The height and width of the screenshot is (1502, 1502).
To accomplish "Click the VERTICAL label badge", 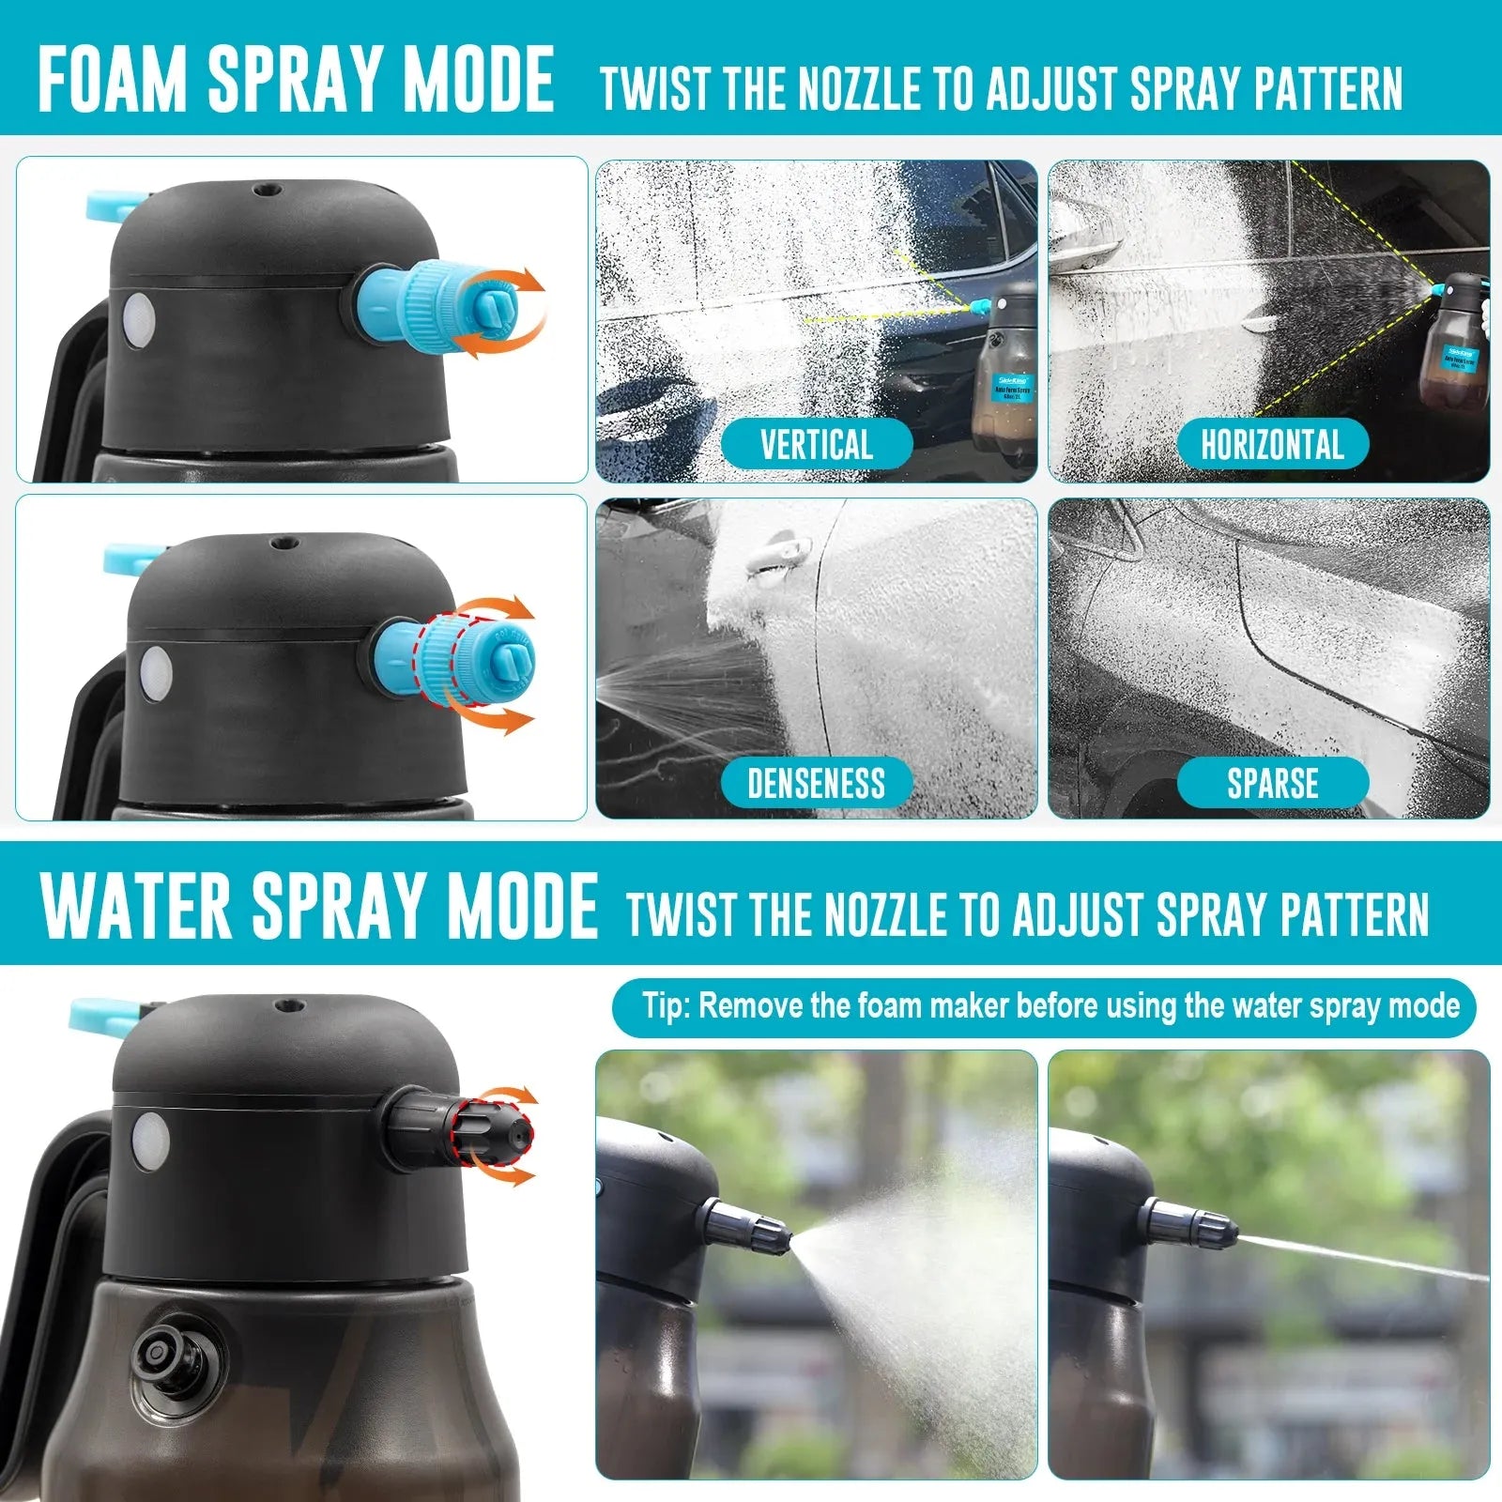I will click(816, 444).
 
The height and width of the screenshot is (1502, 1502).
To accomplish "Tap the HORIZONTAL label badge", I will click(1272, 444).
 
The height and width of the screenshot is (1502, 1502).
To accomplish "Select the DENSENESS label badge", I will click(816, 783).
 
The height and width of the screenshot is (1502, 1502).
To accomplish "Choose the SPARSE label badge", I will click(1272, 783).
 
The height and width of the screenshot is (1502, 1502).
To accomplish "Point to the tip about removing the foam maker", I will click(1043, 1007).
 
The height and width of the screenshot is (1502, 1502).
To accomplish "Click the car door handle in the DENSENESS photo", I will click(772, 552).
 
